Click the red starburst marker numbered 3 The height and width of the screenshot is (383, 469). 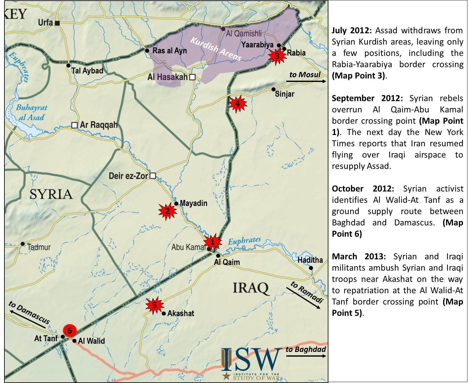tap(277, 57)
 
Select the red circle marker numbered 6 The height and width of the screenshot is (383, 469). tap(70, 331)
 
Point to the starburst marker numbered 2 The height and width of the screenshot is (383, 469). tap(167, 211)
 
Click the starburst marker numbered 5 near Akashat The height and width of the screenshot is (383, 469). tap(154, 305)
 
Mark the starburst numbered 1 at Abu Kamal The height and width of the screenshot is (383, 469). tap(212, 242)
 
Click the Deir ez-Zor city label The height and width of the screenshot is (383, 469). tap(128, 176)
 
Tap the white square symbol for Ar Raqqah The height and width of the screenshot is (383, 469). tap(75, 125)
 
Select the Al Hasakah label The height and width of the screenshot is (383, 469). tap(167, 77)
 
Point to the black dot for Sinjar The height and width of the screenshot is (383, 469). tap(273, 89)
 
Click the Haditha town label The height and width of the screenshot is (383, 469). tap(310, 260)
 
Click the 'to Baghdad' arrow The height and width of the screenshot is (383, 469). tap(306, 356)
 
